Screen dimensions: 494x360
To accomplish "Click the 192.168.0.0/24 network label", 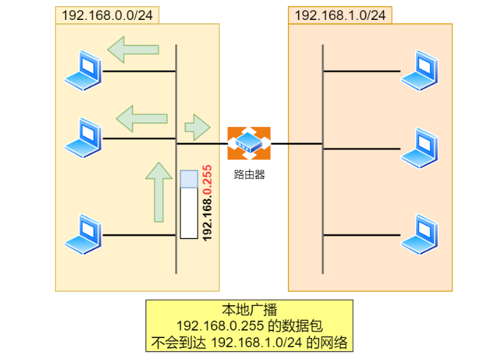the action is [107, 15].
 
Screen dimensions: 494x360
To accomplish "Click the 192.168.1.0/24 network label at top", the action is [340, 15].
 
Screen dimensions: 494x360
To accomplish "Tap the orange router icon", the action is [249, 144].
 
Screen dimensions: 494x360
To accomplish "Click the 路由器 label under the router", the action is [249, 175].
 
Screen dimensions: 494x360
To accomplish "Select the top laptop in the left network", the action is [83, 71].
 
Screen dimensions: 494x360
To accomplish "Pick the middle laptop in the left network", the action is [83, 138].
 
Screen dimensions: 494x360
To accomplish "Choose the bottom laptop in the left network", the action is [83, 235].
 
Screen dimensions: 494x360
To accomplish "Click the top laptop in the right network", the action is [419, 71].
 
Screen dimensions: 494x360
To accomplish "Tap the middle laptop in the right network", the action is [419, 148].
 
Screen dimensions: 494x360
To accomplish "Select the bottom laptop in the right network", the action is [419, 235].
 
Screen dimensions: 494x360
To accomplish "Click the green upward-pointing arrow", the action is [159, 192].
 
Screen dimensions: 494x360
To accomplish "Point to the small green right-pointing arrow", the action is [198, 127].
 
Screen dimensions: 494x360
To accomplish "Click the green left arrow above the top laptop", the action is [133, 49].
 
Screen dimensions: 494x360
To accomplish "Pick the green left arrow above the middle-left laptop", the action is [142, 119].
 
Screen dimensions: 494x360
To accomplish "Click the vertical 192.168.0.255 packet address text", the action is [207, 203].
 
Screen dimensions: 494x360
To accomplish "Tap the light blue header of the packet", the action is [189, 179].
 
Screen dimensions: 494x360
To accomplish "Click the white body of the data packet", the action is [189, 213].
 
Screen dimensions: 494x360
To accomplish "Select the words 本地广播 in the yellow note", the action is [249, 310].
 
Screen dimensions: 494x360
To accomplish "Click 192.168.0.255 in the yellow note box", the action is [220, 326].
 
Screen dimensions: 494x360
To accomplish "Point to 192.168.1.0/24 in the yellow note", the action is [256, 342].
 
